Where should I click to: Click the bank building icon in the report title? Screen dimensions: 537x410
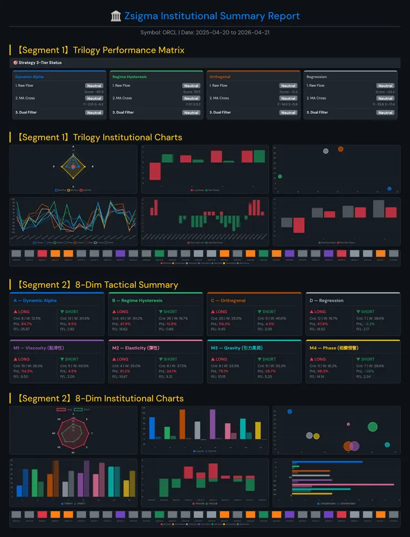point(116,16)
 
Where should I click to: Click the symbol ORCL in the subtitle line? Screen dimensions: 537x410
point(170,32)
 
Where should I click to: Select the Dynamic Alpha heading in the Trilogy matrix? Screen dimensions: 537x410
point(29,77)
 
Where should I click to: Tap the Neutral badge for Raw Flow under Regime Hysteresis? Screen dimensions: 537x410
point(191,86)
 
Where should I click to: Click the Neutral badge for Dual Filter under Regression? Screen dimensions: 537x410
point(385,112)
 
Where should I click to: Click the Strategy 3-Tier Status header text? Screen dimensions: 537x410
point(40,63)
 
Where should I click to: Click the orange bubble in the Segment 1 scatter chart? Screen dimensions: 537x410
point(340,149)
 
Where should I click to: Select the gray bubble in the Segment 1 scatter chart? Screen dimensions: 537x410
point(325,151)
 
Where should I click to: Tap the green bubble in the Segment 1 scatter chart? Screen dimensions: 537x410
point(280,177)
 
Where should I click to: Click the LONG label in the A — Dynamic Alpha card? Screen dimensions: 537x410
point(24,312)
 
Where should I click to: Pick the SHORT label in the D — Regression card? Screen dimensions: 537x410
point(367,312)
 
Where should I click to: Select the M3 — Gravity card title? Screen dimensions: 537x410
point(232,348)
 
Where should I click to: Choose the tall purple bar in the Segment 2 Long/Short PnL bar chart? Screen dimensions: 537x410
point(212,424)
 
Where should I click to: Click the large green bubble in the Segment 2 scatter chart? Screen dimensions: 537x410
point(372,426)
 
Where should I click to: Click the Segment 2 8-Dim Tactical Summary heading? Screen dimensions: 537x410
point(97,285)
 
